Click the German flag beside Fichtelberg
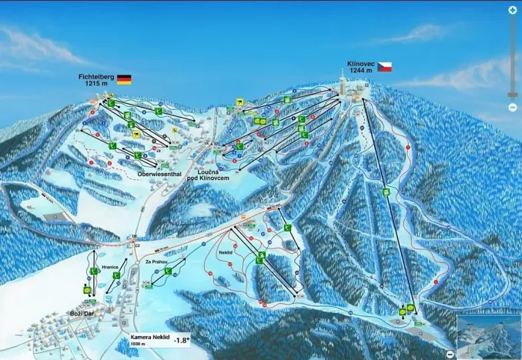[124, 79]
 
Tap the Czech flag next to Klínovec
[384, 67]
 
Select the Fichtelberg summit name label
[95, 77]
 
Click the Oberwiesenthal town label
[159, 172]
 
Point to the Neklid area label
[226, 252]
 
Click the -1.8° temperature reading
[181, 339]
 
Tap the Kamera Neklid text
[146, 336]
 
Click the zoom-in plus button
[513, 10]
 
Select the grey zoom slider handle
[513, 95]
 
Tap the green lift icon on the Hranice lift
[94, 272]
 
